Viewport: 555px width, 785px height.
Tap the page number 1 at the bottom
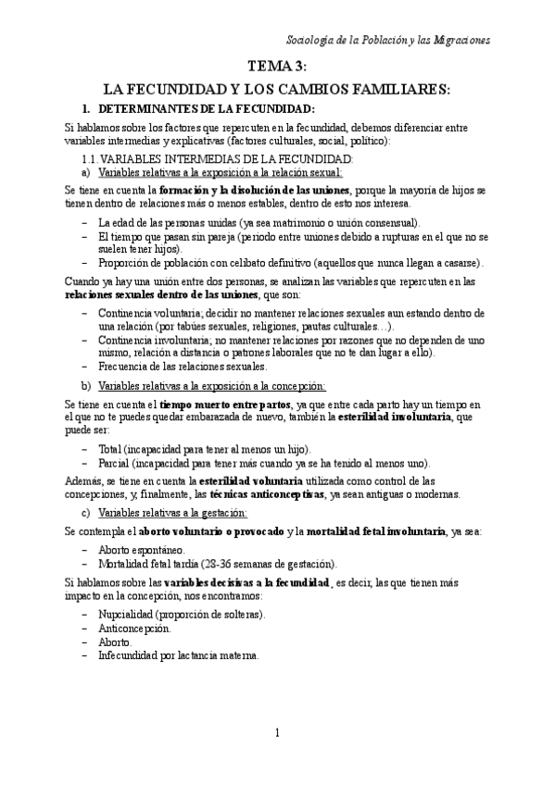(277, 733)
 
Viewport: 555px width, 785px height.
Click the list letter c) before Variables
(86, 512)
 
